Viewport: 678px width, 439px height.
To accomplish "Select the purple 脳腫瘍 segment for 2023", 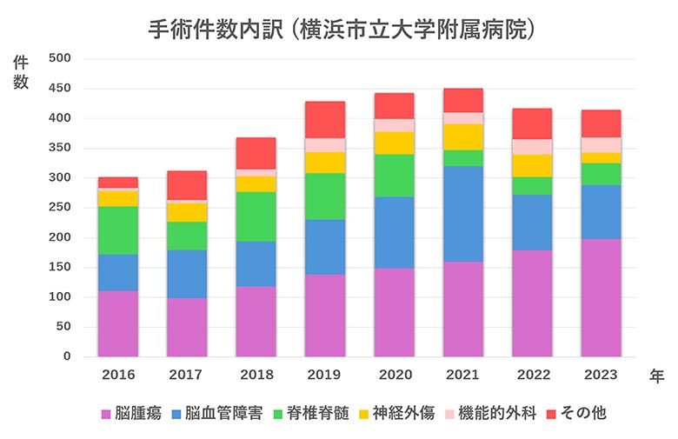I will click(x=601, y=297).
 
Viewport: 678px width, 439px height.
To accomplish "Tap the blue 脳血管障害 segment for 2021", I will click(x=463, y=214).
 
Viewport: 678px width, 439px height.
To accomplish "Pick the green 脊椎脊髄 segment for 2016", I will click(x=118, y=230).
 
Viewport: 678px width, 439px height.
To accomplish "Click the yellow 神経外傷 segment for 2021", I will click(x=463, y=137).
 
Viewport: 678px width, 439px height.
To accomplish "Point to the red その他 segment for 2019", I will click(x=325, y=120).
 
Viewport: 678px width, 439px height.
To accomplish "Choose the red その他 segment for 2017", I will click(x=187, y=185).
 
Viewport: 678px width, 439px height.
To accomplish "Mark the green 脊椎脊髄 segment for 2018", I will click(x=256, y=216).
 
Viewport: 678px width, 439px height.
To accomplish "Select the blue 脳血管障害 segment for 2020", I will click(x=394, y=232).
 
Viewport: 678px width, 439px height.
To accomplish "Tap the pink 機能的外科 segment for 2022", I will click(x=532, y=147).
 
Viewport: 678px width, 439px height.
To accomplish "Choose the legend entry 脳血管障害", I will click(x=222, y=413).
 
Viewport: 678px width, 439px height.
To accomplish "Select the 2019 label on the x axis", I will click(x=325, y=375).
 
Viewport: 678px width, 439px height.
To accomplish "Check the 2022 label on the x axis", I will click(x=532, y=375).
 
